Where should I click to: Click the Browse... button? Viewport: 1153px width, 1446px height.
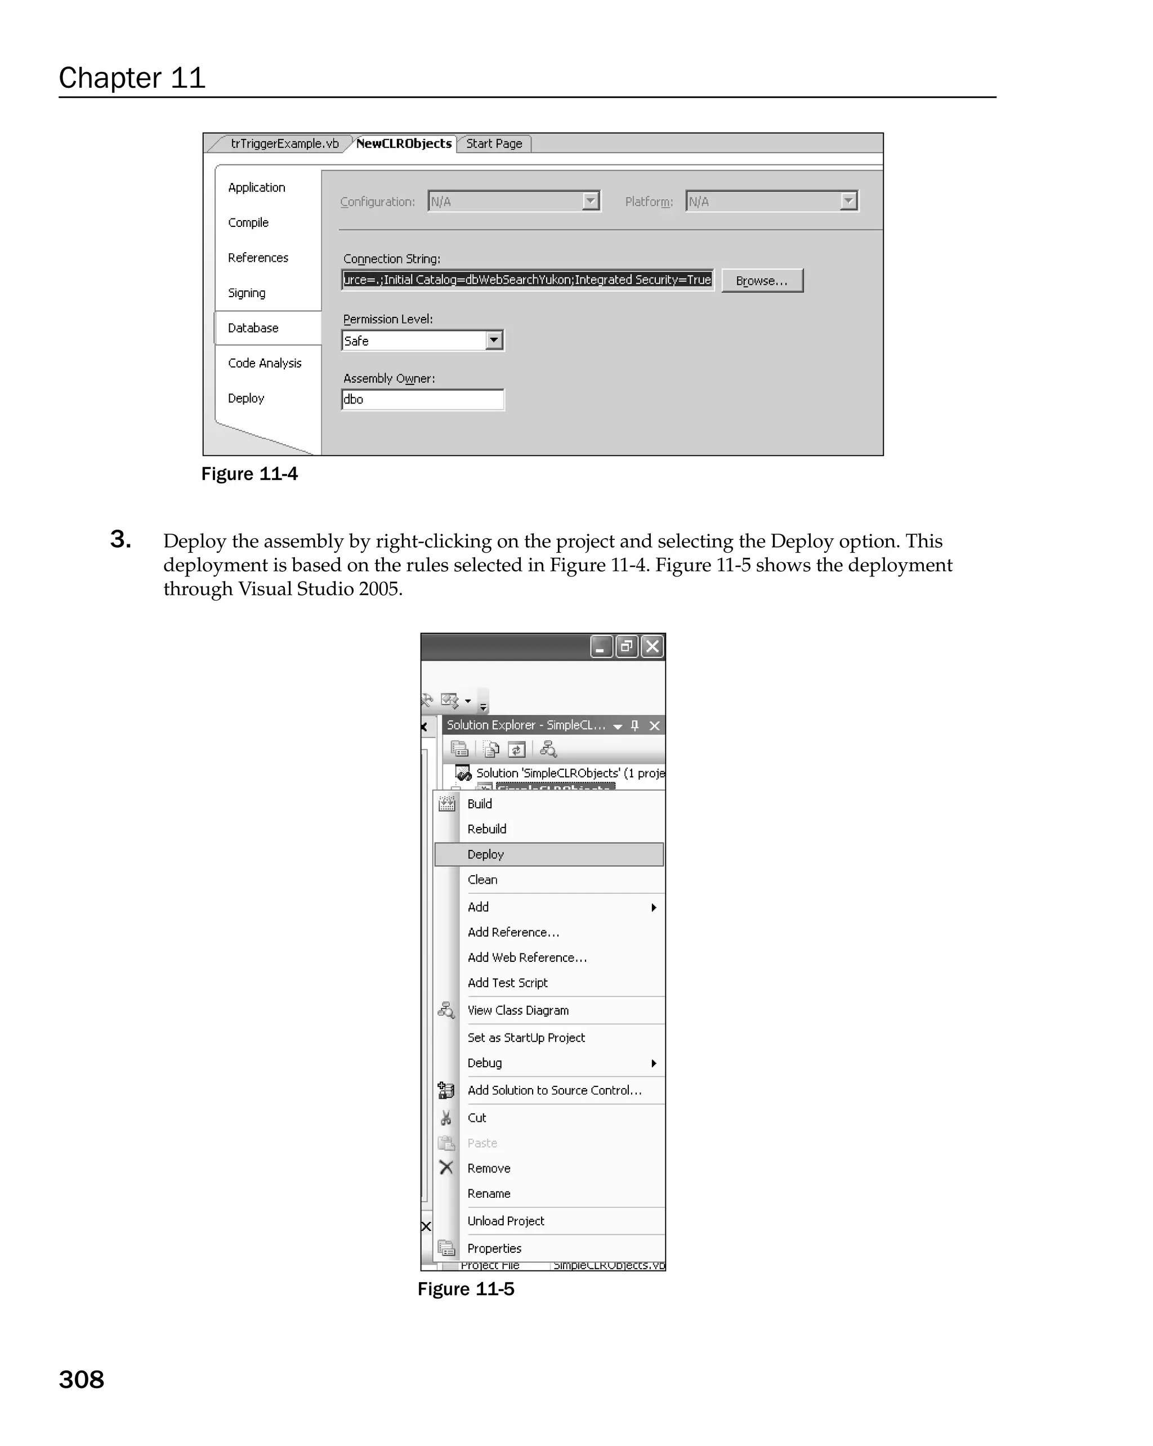[761, 280]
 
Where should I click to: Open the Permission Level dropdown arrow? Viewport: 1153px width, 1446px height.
[494, 340]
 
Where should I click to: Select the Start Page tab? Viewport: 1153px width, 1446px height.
[494, 144]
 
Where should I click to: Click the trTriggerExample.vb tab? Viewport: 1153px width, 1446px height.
[284, 144]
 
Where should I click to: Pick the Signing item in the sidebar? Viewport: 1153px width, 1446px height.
[246, 293]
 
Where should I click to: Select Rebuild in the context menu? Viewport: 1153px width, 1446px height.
[487, 829]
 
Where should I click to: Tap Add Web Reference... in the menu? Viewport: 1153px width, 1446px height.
[526, 958]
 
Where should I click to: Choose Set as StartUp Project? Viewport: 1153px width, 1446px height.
[526, 1037]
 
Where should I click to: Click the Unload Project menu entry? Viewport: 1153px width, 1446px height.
[506, 1221]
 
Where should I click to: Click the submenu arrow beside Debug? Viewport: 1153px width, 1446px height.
[653, 1063]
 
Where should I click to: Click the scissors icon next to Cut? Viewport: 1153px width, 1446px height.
[446, 1117]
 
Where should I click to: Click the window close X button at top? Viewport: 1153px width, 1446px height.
[652, 647]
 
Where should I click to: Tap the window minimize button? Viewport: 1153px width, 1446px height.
[601, 647]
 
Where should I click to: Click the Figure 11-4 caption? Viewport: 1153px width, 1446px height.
[249, 474]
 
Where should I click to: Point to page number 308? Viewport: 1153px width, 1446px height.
[81, 1380]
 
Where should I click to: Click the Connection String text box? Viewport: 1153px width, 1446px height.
[527, 280]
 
